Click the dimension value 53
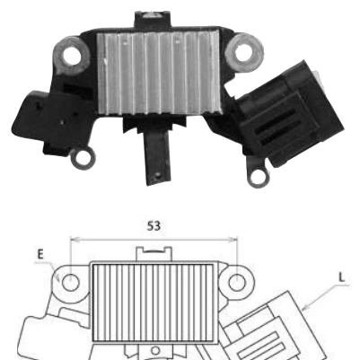point(154,226)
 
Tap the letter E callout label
point(40,254)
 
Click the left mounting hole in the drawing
point(71,282)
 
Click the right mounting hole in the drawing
point(237,282)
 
